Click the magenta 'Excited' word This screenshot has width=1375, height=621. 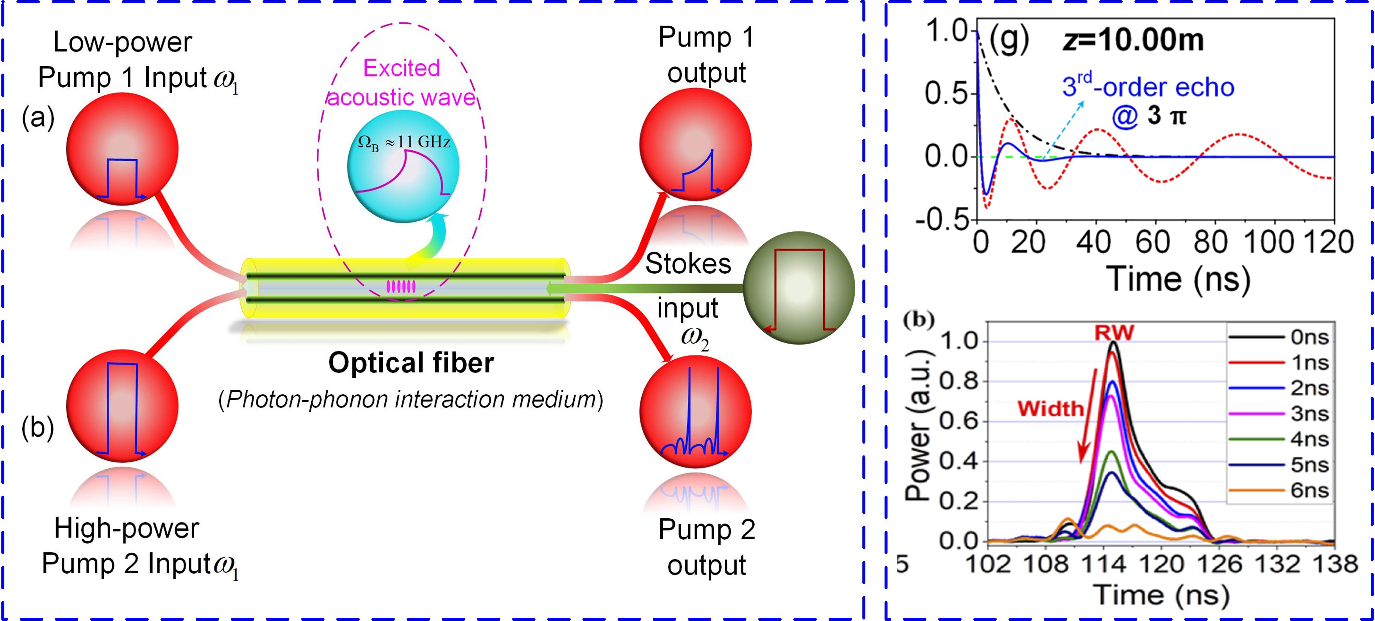402,68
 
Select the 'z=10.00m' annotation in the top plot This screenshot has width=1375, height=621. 1133,40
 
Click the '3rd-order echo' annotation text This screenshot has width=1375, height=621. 1148,87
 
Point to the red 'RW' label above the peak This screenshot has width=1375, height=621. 1114,333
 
